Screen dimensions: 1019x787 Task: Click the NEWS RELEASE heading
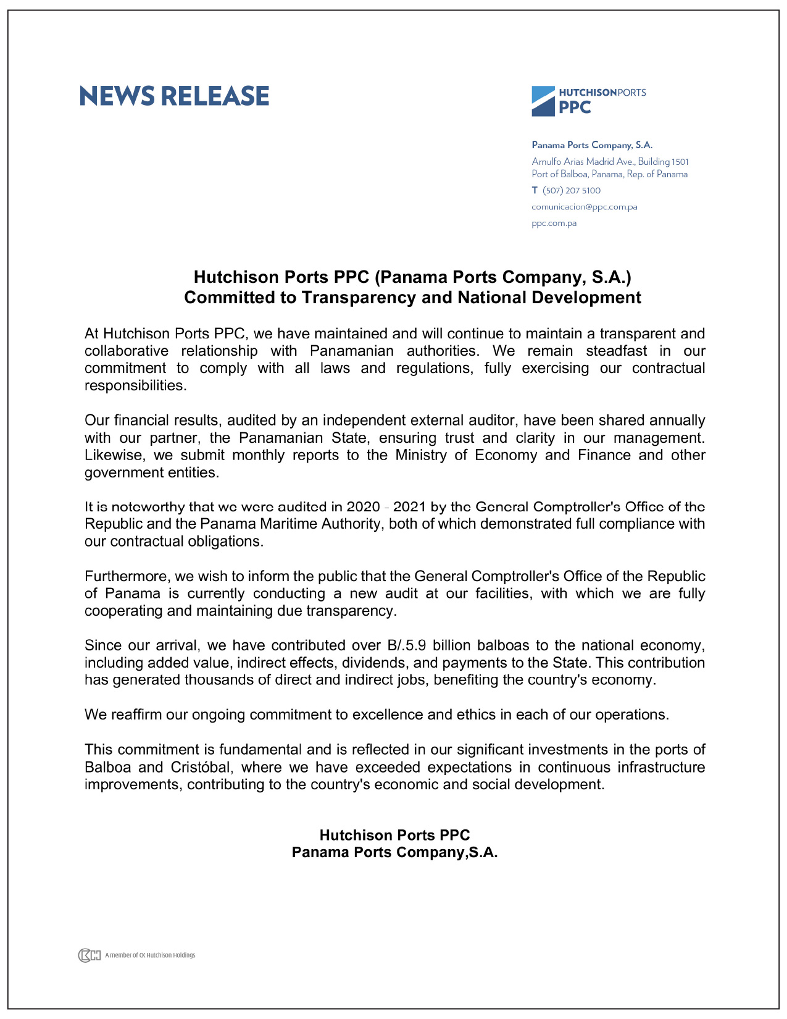point(174,96)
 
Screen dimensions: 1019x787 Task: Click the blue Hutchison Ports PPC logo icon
point(543,101)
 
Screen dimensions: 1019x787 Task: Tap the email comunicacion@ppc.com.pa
point(584,207)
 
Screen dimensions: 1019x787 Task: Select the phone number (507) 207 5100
point(571,191)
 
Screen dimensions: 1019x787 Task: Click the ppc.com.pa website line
point(554,224)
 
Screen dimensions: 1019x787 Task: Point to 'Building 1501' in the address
point(663,162)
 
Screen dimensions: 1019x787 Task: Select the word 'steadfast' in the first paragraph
point(616,351)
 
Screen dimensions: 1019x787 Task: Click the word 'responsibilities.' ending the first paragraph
point(135,386)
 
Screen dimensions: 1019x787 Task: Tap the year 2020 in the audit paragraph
point(363,507)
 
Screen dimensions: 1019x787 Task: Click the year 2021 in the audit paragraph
point(410,507)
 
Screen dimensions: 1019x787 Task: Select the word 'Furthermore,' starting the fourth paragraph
point(127,577)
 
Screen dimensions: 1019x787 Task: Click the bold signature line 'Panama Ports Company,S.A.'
point(394,853)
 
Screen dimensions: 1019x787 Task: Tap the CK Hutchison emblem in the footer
point(89,955)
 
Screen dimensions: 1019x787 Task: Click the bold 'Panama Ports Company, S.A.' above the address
point(591,145)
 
